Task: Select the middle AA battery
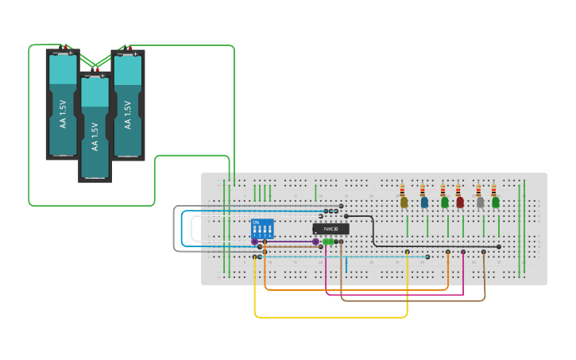pyautogui.click(x=95, y=127)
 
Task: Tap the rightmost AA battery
pyautogui.click(x=128, y=103)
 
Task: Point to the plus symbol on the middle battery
pyautogui.click(x=102, y=76)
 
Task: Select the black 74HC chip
pyautogui.click(x=331, y=229)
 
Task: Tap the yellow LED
pyautogui.click(x=404, y=203)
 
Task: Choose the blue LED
pyautogui.click(x=424, y=203)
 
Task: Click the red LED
pyautogui.click(x=460, y=203)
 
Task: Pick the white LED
pyautogui.click(x=480, y=203)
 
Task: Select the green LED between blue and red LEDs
pyautogui.click(x=444, y=203)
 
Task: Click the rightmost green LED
pyautogui.click(x=496, y=203)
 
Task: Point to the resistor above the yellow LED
pyautogui.click(x=403, y=191)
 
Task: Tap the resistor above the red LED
pyautogui.click(x=458, y=191)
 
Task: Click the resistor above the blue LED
pyautogui.click(x=423, y=191)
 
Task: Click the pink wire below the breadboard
pyautogui.click(x=397, y=295)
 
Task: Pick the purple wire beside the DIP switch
pyautogui.click(x=286, y=241)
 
